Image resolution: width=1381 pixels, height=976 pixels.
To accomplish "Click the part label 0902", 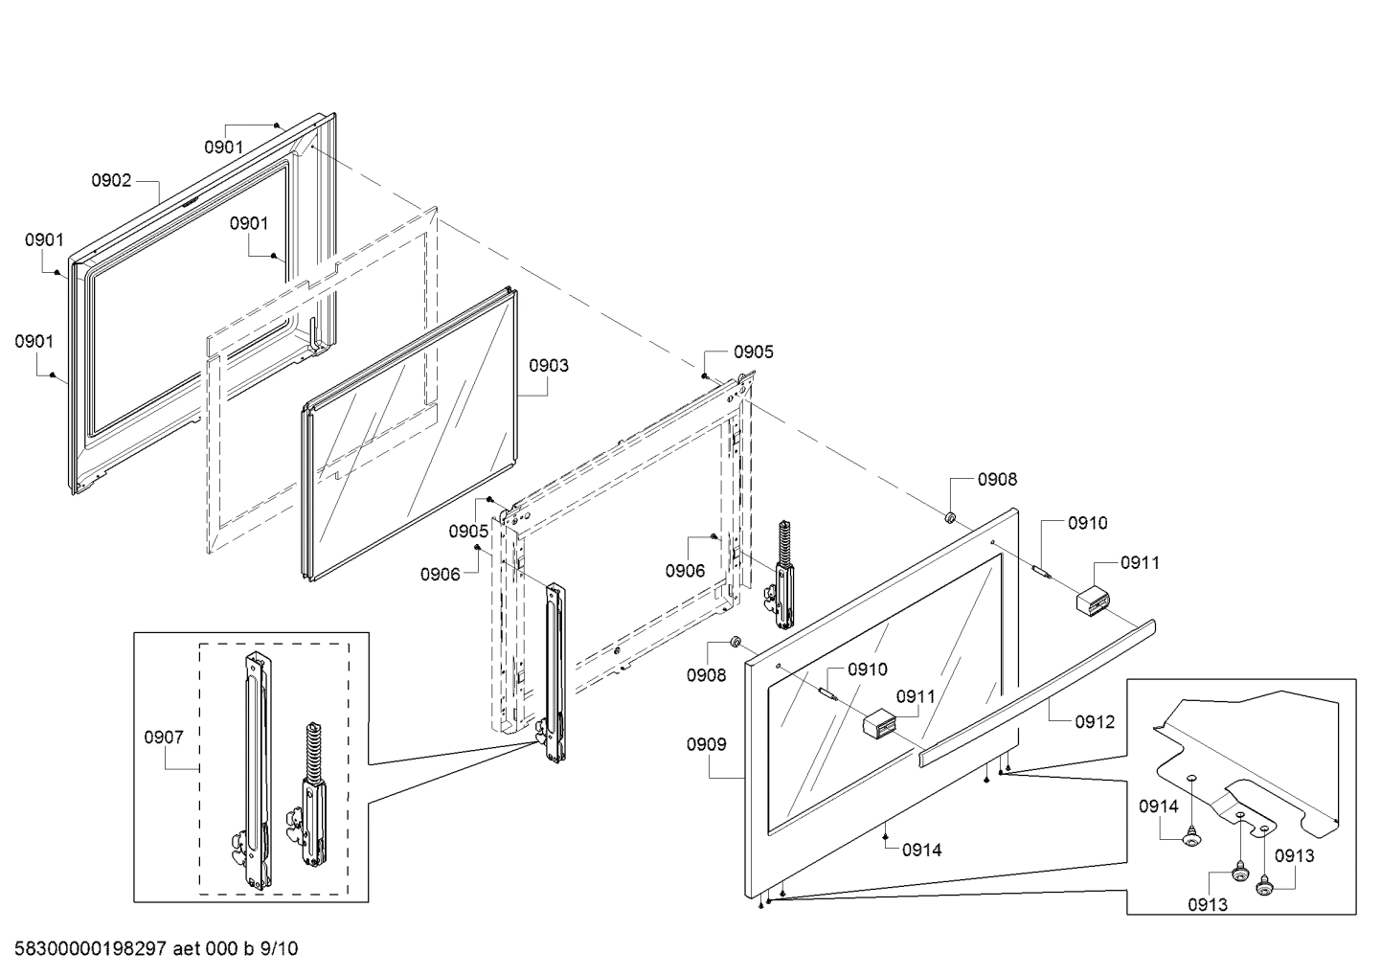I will (111, 180).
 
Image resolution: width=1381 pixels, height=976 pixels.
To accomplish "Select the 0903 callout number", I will (549, 365).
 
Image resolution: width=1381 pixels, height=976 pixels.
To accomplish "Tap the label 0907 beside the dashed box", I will (164, 737).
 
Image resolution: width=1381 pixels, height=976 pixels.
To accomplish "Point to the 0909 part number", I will (706, 744).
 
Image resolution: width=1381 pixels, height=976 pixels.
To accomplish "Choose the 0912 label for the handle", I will (1095, 722).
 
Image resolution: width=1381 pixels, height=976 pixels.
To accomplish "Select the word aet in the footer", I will (189, 949).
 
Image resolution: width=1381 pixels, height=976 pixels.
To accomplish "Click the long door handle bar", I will (1039, 690).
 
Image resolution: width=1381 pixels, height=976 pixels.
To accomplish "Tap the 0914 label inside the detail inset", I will (1159, 806).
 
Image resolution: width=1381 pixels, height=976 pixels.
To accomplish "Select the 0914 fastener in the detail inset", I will (1191, 838).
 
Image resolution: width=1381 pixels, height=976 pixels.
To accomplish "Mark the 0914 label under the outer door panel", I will (921, 850).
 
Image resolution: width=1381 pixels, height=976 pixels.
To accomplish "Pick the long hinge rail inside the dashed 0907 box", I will (256, 766).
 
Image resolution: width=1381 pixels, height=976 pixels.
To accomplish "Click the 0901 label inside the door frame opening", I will (249, 223).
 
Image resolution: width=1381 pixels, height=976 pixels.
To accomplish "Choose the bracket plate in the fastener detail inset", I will (1245, 757).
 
